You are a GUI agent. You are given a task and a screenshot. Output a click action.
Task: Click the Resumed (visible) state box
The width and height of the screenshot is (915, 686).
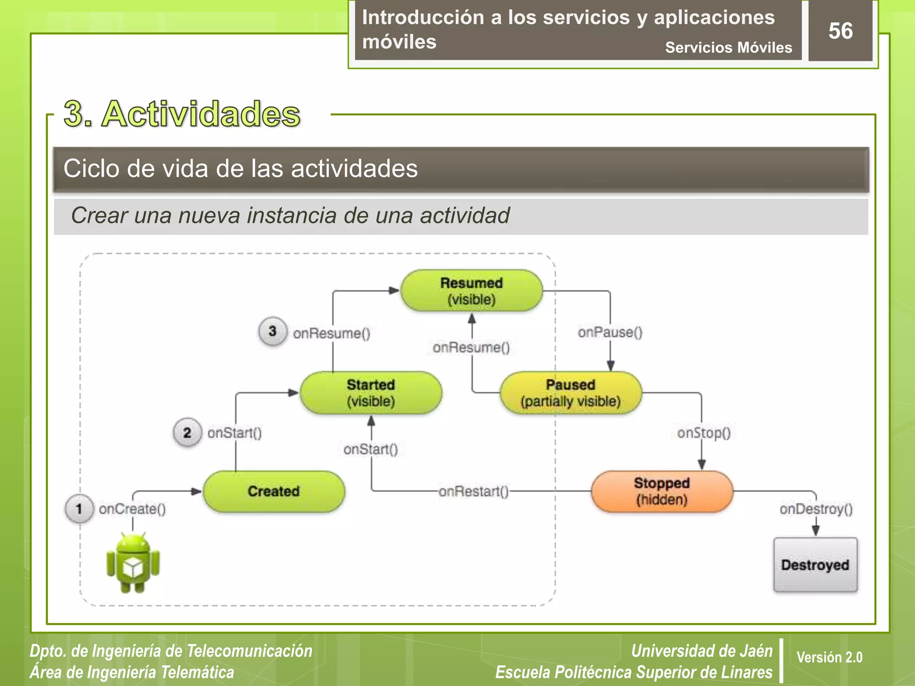[x=472, y=291]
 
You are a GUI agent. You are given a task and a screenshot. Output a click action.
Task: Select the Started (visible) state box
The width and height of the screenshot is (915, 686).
[x=371, y=393]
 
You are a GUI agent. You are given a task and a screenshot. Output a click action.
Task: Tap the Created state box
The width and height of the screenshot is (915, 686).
[x=274, y=491]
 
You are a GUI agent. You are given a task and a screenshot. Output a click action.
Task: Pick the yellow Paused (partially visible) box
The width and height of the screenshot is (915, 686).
[x=571, y=393]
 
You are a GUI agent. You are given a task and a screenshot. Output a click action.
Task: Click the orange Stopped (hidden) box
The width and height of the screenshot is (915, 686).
[x=662, y=491]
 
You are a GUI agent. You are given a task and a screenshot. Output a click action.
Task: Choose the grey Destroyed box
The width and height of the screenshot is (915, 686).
[x=815, y=565]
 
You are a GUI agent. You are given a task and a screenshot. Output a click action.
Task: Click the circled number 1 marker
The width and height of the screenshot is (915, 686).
[x=79, y=509]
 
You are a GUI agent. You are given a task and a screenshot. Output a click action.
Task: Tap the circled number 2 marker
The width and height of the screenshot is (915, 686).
[x=187, y=432]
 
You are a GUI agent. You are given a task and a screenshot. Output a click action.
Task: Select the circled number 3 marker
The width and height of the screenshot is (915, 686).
[x=273, y=331]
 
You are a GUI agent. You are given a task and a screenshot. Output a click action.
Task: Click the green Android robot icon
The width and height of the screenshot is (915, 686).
[x=133, y=563]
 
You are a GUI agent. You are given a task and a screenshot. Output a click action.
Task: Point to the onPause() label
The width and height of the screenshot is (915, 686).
[x=610, y=332]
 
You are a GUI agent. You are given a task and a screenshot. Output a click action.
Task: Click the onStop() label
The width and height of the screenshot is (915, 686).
[x=704, y=433]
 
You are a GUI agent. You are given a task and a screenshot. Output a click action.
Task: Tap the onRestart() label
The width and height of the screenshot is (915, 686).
[x=474, y=492]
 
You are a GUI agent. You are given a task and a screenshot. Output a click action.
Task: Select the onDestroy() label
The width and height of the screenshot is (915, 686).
[x=816, y=509]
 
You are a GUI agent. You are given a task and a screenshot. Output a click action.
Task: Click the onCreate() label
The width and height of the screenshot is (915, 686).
[x=132, y=509]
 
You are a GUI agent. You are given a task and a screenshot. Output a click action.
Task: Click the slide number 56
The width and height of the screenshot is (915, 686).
[x=840, y=31]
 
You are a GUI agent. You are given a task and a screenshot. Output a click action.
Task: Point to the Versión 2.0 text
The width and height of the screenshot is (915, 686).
[x=829, y=657]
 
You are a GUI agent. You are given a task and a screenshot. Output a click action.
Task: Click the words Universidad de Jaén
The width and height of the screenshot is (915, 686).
[x=701, y=651]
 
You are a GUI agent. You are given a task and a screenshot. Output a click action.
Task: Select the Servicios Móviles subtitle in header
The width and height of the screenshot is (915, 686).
[x=728, y=47]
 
